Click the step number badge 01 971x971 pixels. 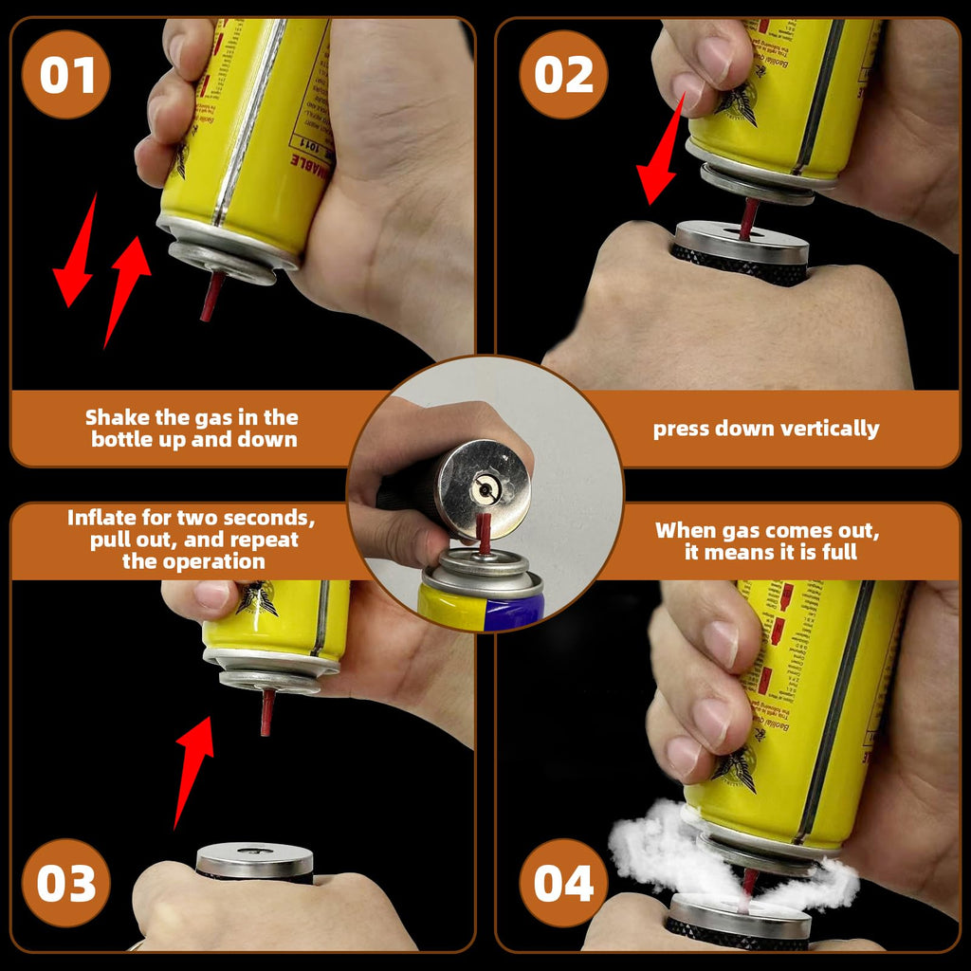coord(66,74)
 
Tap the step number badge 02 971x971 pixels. coord(563,74)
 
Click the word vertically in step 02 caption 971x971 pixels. coord(833,429)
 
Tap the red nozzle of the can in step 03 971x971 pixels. coord(266,711)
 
